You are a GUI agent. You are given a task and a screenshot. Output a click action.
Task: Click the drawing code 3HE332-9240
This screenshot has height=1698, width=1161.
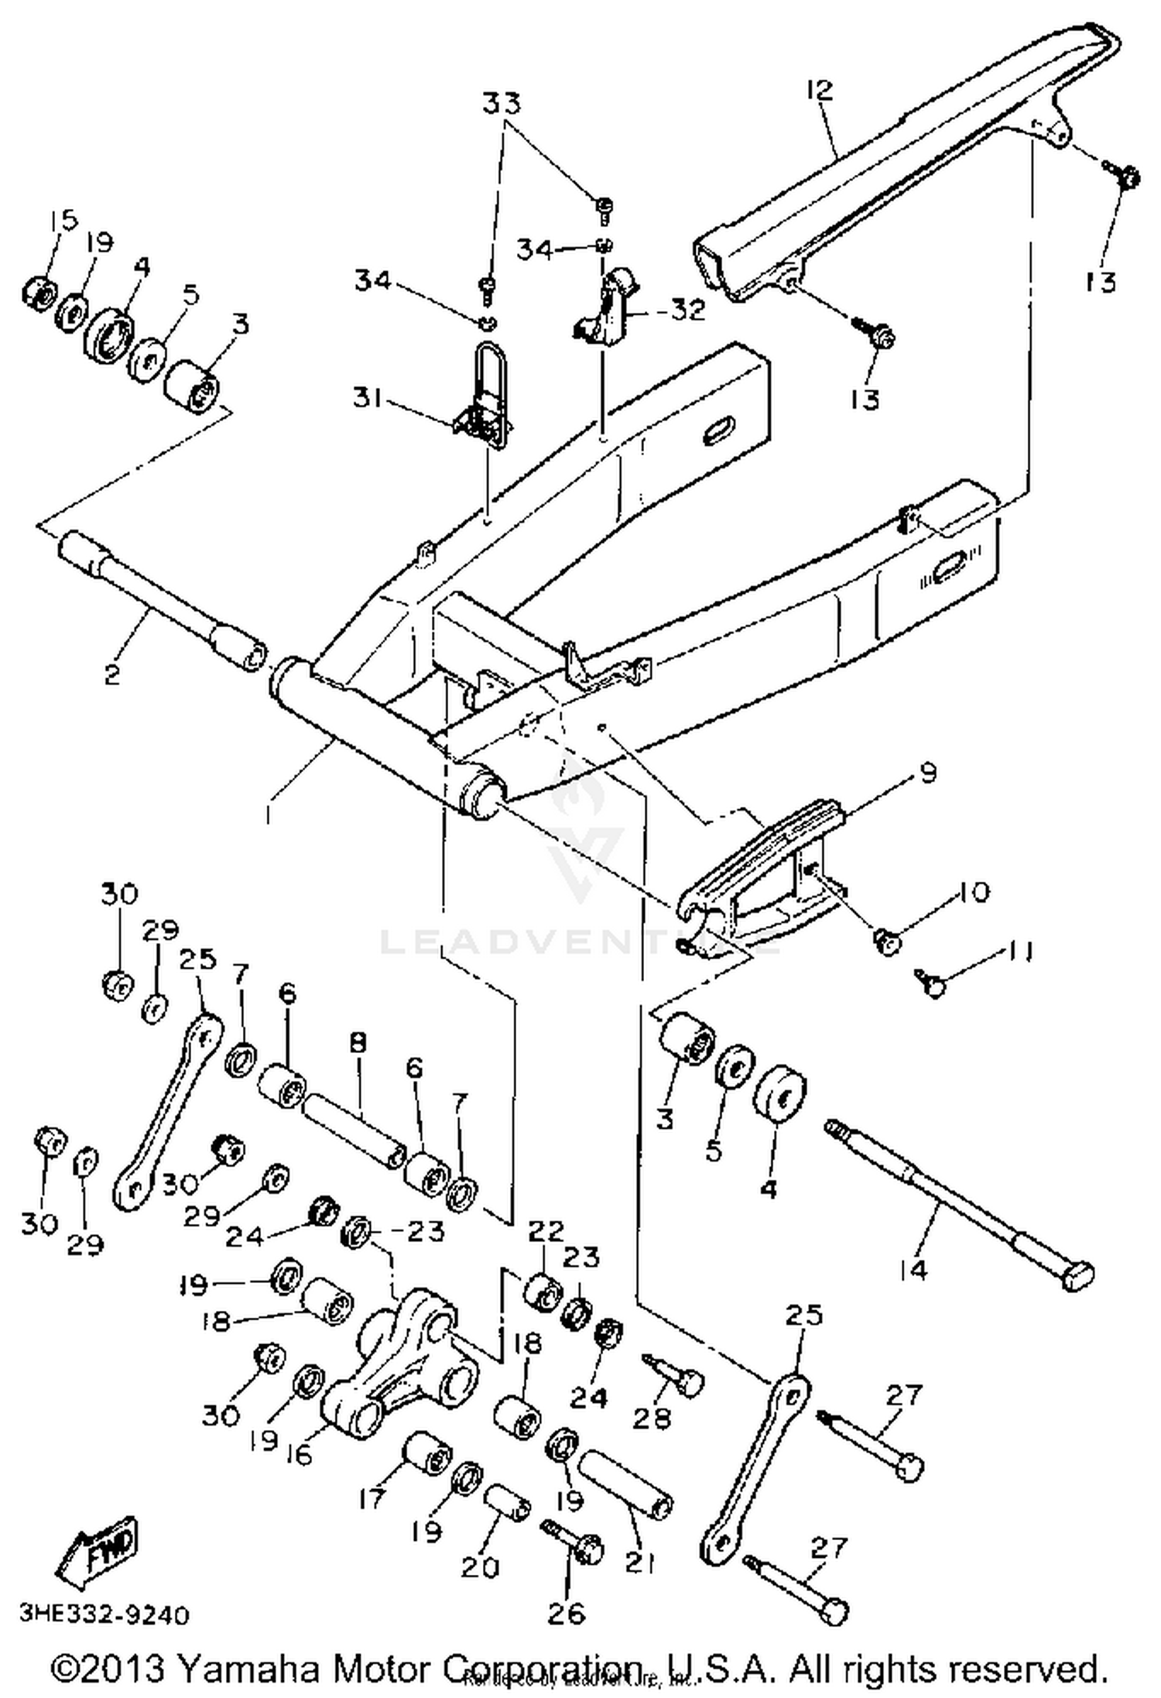point(104,1615)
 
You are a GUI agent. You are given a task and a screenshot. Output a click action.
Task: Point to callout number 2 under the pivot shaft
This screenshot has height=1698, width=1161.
point(112,674)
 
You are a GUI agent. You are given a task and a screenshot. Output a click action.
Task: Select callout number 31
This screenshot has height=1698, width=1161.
point(372,400)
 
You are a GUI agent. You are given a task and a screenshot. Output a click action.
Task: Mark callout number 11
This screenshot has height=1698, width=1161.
point(1019,951)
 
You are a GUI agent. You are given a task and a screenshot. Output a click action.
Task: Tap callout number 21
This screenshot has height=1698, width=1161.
point(640,1563)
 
